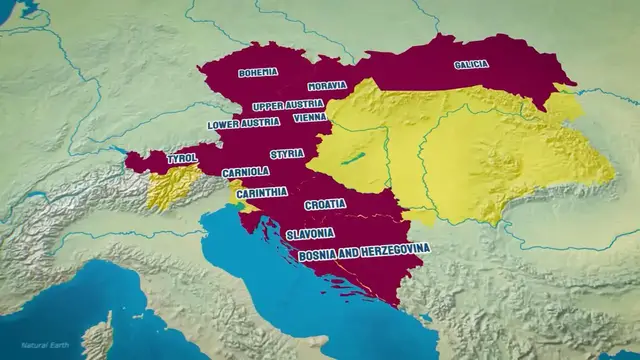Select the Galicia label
click(471, 64)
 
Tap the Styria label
click(287, 153)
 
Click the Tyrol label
click(182, 158)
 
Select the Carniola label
click(245, 172)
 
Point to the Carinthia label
click(263, 192)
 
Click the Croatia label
click(325, 204)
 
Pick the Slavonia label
click(310, 233)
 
